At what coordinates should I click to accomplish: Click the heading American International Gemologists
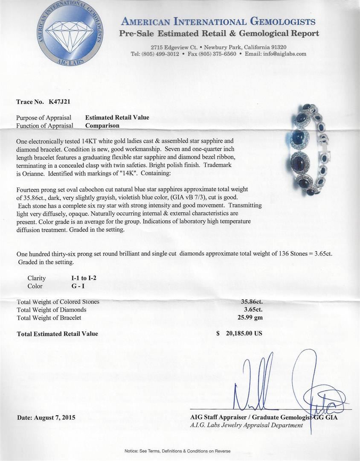point(218,22)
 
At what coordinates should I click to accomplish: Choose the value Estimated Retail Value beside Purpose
point(117,117)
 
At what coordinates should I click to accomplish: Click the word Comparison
point(102,125)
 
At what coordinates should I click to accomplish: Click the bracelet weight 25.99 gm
point(250,317)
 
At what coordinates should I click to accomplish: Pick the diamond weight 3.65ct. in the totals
point(252,309)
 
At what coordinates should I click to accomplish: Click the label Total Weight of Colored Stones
point(58,302)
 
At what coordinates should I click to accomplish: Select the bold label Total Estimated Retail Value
point(57,334)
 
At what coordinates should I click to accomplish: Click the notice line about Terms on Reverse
point(177,451)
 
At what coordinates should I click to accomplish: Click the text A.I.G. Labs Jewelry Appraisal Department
point(247,425)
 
